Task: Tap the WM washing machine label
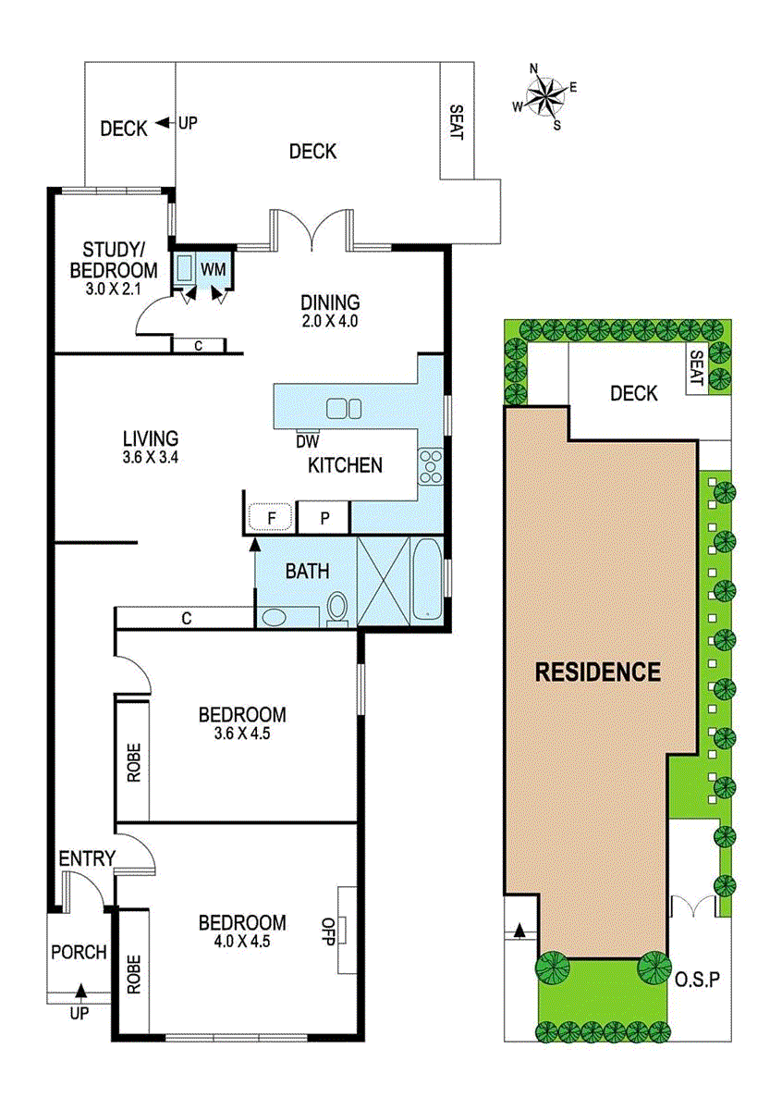pos(214,268)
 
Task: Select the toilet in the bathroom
pos(337,608)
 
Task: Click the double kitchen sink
pos(345,408)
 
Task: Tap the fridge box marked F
pos(272,517)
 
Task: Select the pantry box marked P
pos(324,517)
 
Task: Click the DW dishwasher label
pos(307,441)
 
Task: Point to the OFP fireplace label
pos(327,928)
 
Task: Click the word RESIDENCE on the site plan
pos(598,672)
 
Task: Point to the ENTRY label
pos(86,859)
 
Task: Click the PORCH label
pos(79,952)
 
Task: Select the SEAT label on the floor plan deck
pos(457,120)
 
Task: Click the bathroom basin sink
pos(275,616)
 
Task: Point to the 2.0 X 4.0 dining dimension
pos(329,322)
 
